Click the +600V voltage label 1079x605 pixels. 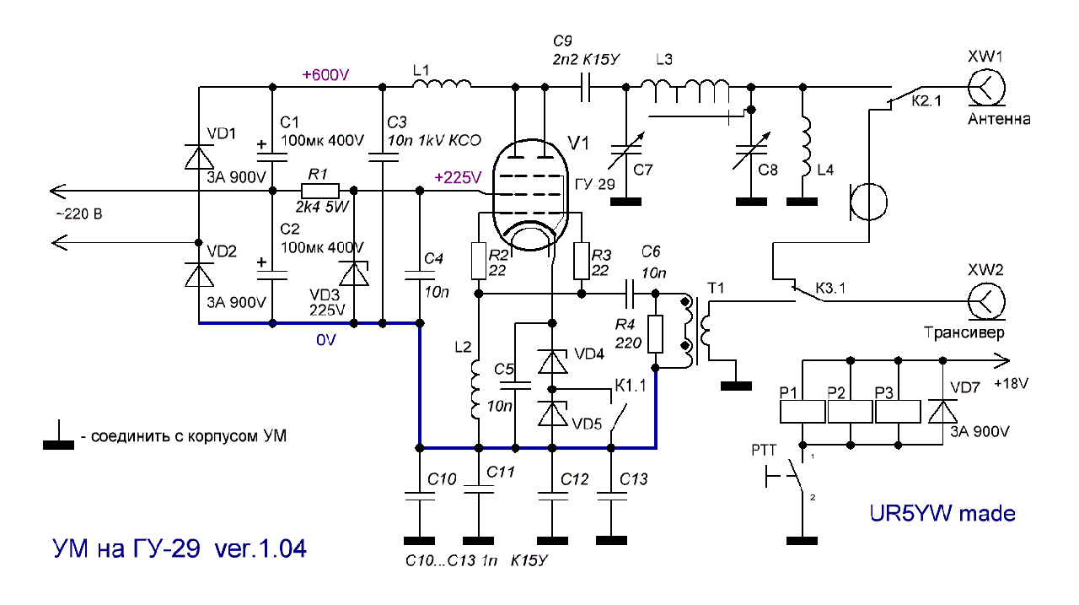click(x=325, y=75)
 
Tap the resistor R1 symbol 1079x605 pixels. click(x=320, y=191)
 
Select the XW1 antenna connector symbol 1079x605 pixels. click(x=986, y=88)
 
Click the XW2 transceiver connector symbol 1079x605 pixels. click(x=986, y=301)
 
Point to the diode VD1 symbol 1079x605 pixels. click(x=200, y=157)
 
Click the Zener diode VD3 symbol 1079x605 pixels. click(x=354, y=273)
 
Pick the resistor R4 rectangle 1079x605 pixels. click(x=655, y=334)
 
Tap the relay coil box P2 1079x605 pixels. click(x=851, y=412)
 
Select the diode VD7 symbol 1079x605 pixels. click(x=942, y=411)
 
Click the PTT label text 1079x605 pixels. click(x=764, y=451)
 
